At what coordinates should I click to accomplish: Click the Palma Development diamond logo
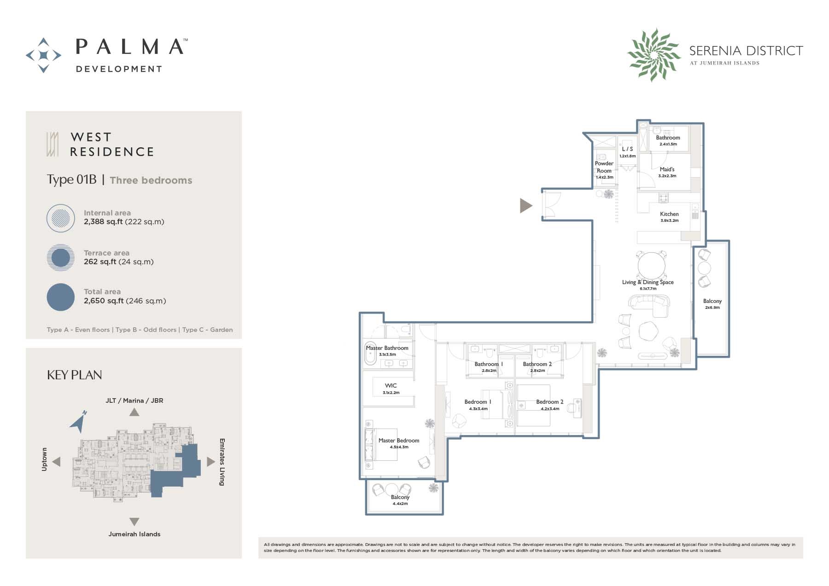point(43,55)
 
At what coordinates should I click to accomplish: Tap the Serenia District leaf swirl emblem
point(654,55)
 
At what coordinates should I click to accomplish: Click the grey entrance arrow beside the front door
point(525,205)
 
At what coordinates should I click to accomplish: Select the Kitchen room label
point(669,214)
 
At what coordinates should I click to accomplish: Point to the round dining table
point(651,265)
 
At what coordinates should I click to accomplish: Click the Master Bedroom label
point(399,441)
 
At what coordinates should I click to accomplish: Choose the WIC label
point(391,386)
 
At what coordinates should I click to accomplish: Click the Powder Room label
point(604,167)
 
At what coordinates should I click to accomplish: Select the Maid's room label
point(667,169)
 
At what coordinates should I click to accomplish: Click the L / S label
point(627,149)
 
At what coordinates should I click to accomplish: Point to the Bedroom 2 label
point(549,402)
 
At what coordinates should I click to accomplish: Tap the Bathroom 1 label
point(489,364)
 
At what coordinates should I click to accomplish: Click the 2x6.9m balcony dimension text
point(712,308)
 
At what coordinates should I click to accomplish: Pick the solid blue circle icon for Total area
point(61,297)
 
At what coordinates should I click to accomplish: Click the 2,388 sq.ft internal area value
point(103,222)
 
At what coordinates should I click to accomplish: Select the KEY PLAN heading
point(75,375)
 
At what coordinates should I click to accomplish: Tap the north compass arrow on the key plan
point(79,421)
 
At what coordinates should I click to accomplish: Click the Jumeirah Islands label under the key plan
point(134,534)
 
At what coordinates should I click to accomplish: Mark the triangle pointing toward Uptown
point(57,461)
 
